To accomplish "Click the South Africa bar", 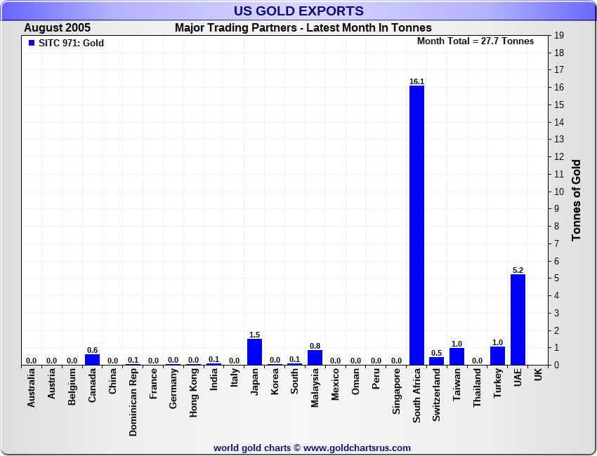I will (x=416, y=224).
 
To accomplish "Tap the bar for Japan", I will (x=254, y=351).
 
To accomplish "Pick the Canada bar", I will (x=92, y=359).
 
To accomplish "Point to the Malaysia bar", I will (x=315, y=357).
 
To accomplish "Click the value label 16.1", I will (x=416, y=81).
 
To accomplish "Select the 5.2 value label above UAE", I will (x=518, y=270).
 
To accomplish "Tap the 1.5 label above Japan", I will (x=254, y=335).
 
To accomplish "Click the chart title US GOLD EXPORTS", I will (x=298, y=11).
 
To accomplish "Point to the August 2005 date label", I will (x=57, y=28).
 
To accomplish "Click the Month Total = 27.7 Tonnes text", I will (x=475, y=41).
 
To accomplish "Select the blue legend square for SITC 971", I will (x=31, y=43).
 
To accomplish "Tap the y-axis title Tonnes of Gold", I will (x=576, y=200).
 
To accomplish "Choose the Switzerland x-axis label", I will (x=437, y=396).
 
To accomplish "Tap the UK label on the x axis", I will (x=538, y=375).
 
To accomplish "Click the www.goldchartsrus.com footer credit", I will (x=312, y=448).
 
